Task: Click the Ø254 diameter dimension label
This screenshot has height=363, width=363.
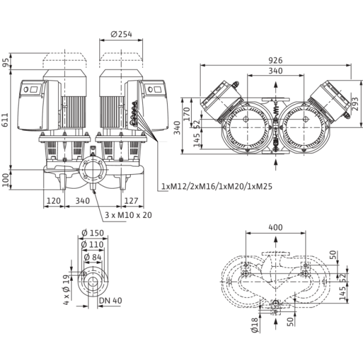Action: pyautogui.click(x=122, y=34)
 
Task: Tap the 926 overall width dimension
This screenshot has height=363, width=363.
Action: pyautogui.click(x=275, y=60)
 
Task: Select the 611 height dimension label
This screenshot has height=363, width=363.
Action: pyautogui.click(x=5, y=120)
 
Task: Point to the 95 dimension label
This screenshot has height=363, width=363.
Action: pyautogui.click(x=5, y=62)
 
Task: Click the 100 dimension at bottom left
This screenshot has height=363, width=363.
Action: pyautogui.click(x=5, y=180)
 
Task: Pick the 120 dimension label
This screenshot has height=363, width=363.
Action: pyautogui.click(x=53, y=201)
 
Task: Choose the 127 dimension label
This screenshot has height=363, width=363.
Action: pyautogui.click(x=131, y=201)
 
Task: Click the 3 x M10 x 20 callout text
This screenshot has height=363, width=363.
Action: pyautogui.click(x=128, y=215)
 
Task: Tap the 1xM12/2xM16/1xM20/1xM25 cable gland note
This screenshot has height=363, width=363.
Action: pyautogui.click(x=217, y=186)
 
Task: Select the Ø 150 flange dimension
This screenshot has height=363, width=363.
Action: pyautogui.click(x=93, y=233)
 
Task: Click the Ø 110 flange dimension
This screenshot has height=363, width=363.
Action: pyautogui.click(x=93, y=244)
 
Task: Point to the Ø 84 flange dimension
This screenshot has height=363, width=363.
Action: pyautogui.click(x=93, y=257)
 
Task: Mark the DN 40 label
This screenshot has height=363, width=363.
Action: pyautogui.click(x=111, y=301)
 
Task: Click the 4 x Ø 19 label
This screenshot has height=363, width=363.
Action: pyautogui.click(x=66, y=290)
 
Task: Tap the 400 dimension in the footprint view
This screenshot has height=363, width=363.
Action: pyautogui.click(x=275, y=227)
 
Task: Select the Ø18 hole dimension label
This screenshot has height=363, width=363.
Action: pyautogui.click(x=255, y=325)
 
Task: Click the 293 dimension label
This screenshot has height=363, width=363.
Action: pyautogui.click(x=355, y=103)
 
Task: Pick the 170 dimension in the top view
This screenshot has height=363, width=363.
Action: pyautogui.click(x=186, y=114)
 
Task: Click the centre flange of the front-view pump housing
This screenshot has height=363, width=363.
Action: pyautogui.click(x=93, y=169)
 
